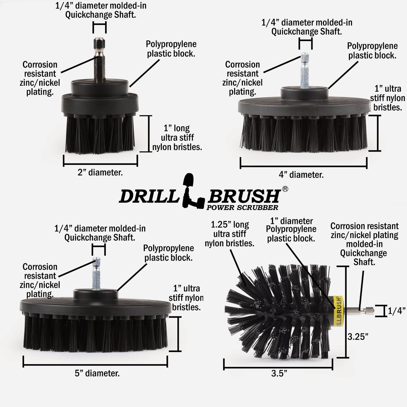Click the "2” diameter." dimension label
pyautogui.click(x=100, y=172)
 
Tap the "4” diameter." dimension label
pyautogui.click(x=301, y=175)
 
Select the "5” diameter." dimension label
pyautogui.click(x=97, y=373)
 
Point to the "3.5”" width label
pyautogui.click(x=279, y=374)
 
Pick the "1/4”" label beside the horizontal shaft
pyautogui.click(x=397, y=311)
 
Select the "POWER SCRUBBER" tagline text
pyautogui.click(x=243, y=207)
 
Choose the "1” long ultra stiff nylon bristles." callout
pyautogui.click(x=182, y=137)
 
